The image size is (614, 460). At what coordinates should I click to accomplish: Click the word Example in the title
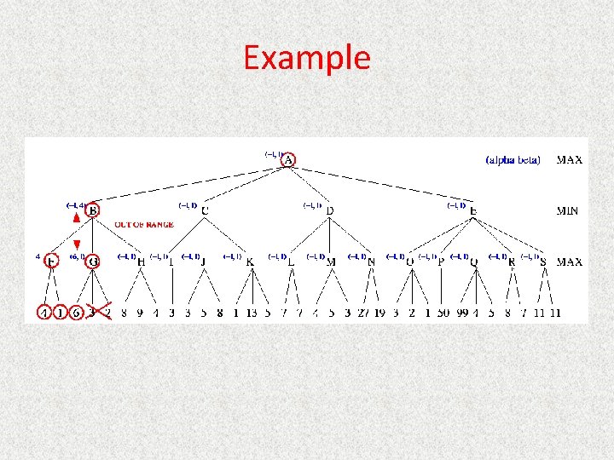pos(307,58)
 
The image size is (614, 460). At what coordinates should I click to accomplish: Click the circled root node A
pos(289,160)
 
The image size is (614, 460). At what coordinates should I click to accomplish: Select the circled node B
pos(93,210)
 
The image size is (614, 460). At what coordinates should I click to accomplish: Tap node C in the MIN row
pos(206,210)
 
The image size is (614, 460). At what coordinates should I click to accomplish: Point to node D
pos(330,210)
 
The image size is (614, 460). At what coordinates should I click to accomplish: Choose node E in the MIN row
pos(473,210)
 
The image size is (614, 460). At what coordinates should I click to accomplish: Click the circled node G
pos(93,262)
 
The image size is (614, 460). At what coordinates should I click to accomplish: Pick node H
pos(142,262)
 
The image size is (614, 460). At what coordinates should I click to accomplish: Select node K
pos(250,262)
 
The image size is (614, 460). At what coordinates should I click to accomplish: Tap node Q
pos(474,262)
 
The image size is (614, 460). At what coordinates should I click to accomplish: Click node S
pos(543,262)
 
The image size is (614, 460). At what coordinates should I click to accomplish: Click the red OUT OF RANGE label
pos(144,225)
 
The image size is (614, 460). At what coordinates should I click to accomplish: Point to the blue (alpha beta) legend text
pos(513,160)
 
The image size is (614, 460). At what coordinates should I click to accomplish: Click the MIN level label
pos(570,210)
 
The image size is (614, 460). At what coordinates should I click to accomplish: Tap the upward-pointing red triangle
pos(77,218)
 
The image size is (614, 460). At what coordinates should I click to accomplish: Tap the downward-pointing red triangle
pos(77,245)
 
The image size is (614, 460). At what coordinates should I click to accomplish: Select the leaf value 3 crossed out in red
pos(92,313)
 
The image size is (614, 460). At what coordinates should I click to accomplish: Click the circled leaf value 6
pos(77,313)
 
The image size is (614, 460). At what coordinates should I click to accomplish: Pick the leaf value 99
pos(463,313)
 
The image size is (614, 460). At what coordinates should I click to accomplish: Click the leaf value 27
pos(363,313)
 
